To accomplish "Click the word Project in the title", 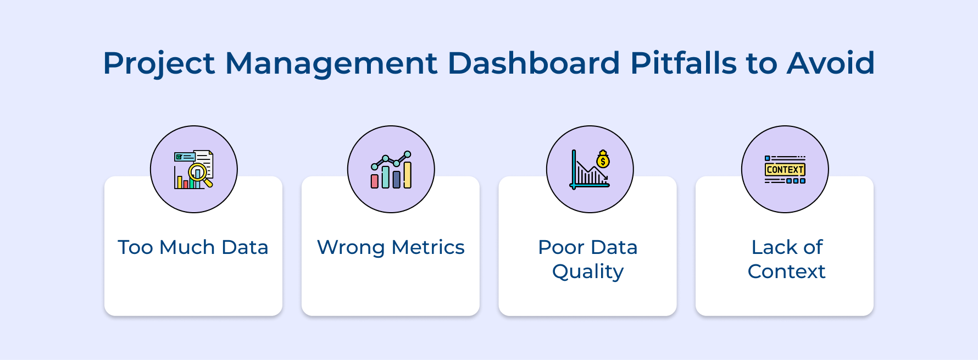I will tap(158, 64).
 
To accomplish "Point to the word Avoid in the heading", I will tap(831, 63).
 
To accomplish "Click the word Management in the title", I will tap(331, 64).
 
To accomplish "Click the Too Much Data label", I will tap(193, 247).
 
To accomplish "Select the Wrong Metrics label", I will tap(391, 247).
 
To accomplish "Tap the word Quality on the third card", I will tap(588, 272).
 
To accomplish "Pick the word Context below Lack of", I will tap(786, 272).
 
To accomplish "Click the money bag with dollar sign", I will tap(603, 159).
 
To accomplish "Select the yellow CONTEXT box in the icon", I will tap(785, 169).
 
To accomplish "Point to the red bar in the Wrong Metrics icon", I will tap(375, 181).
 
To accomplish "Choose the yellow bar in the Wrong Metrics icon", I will tap(408, 175).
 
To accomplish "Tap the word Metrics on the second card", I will tap(428, 247).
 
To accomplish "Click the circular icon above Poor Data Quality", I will tap(590, 169).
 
